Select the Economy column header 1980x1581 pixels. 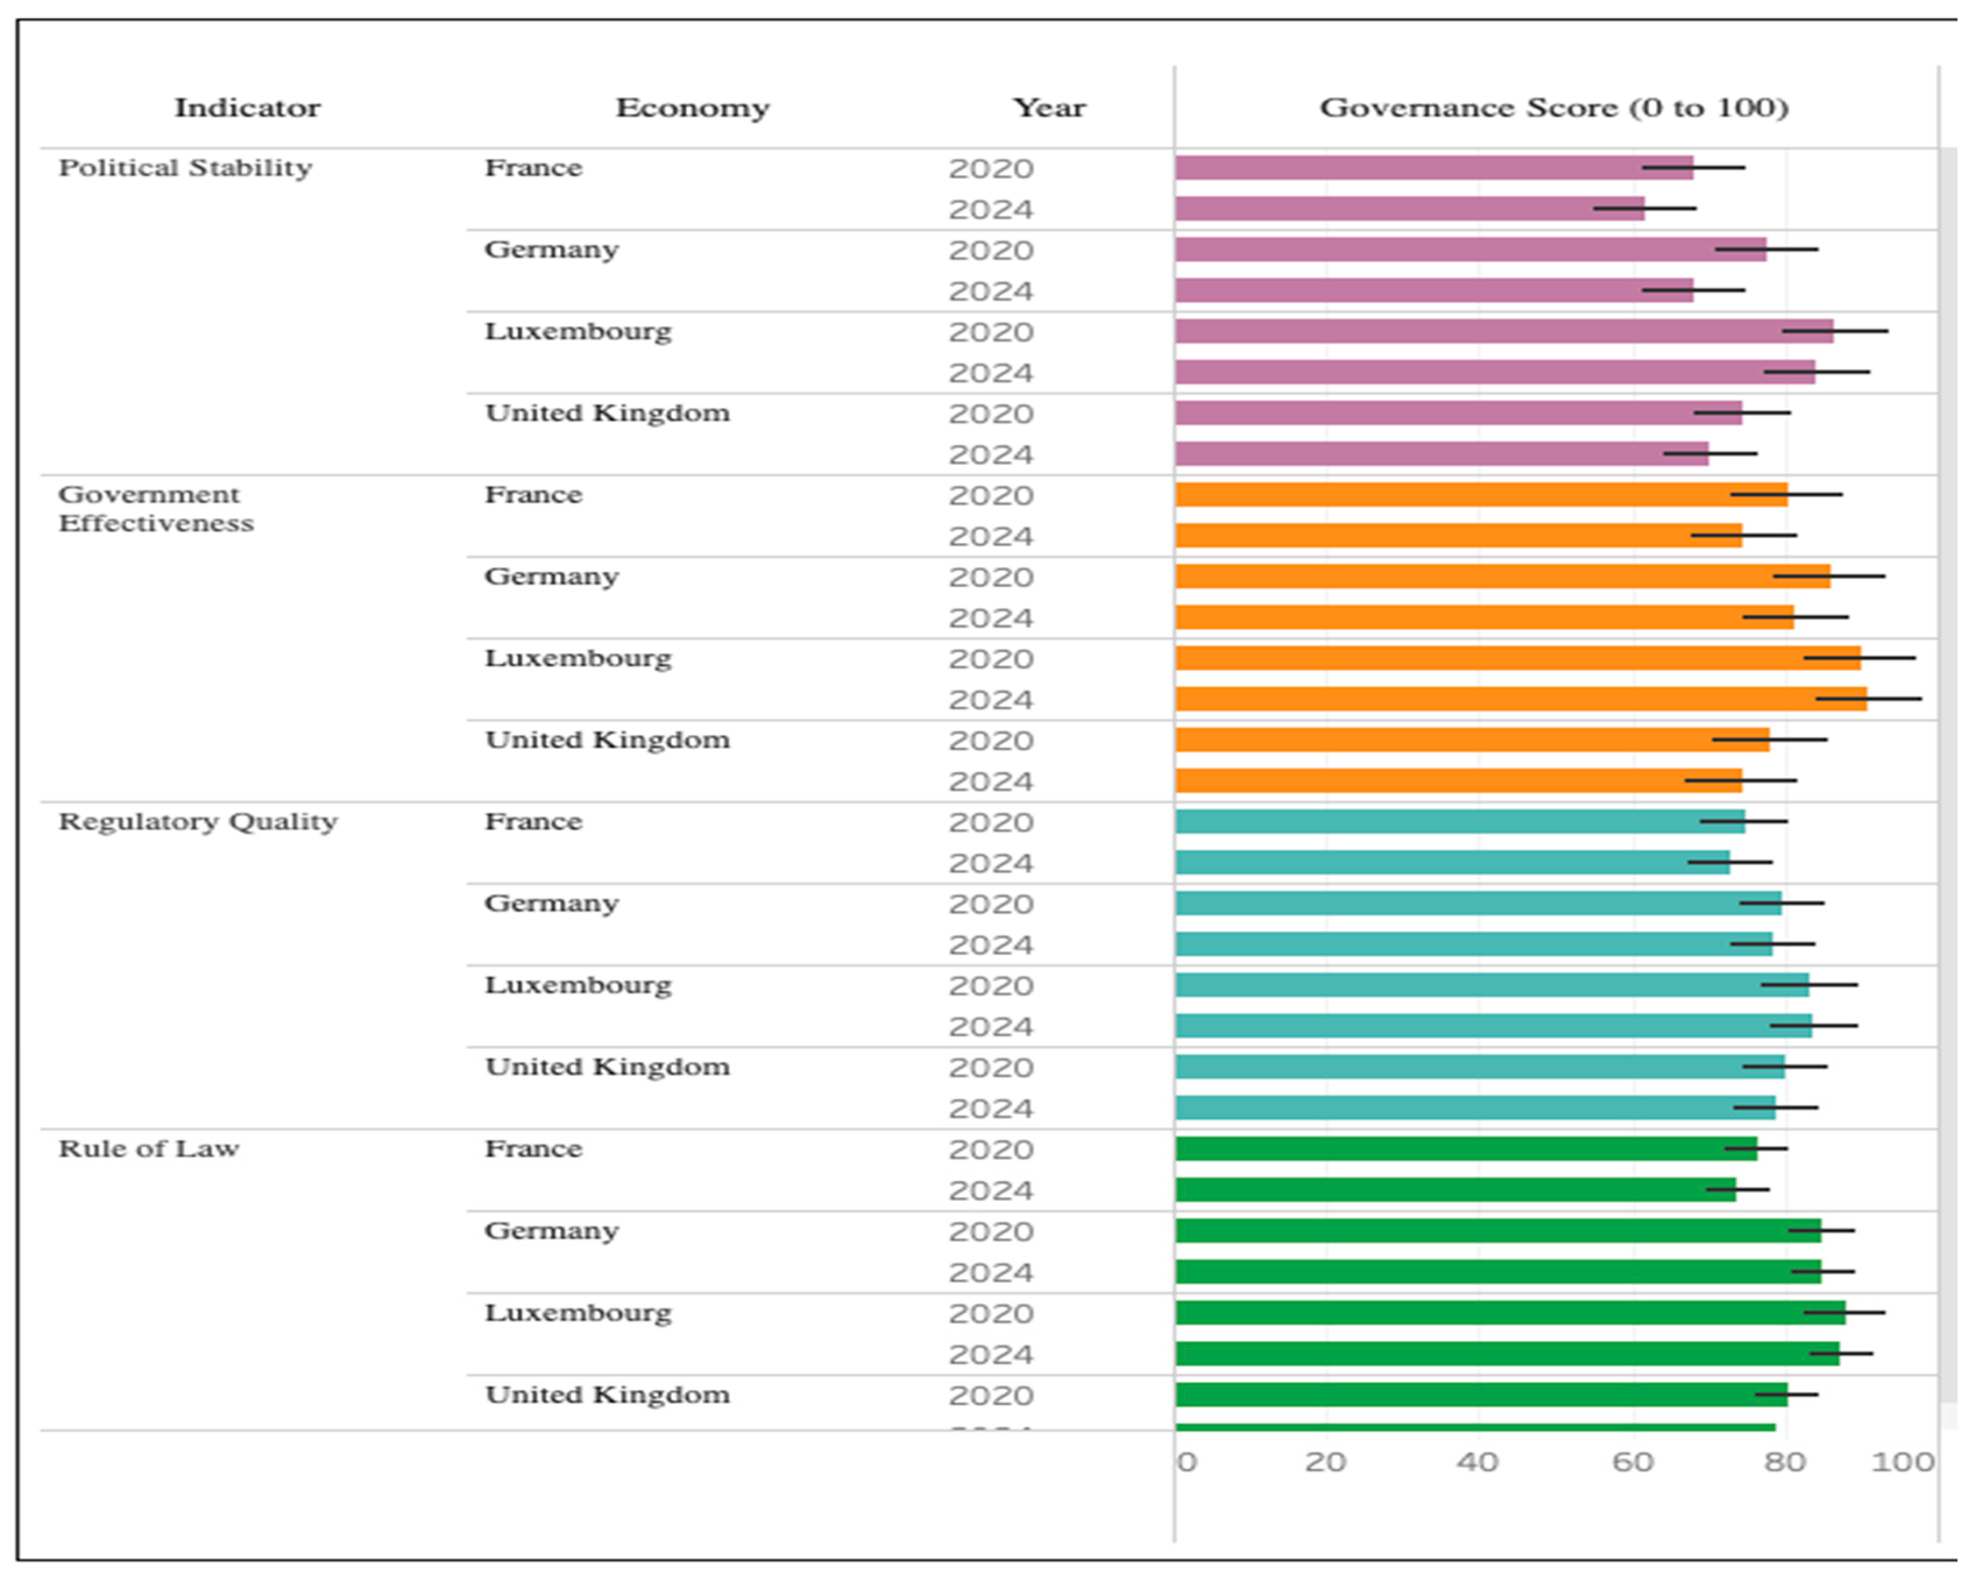(x=692, y=108)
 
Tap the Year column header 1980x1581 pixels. (x=1049, y=108)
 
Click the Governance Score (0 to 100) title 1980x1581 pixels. (x=1554, y=108)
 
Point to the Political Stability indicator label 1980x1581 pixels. (x=186, y=168)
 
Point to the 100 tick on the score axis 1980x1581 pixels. (x=1903, y=1462)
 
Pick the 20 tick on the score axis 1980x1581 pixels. (x=1325, y=1462)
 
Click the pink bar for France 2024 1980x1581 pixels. (x=1409, y=208)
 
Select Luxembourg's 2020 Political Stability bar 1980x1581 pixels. (x=1504, y=331)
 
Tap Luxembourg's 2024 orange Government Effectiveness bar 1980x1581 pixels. (x=1521, y=699)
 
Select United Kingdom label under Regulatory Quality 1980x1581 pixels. (x=608, y=1067)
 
